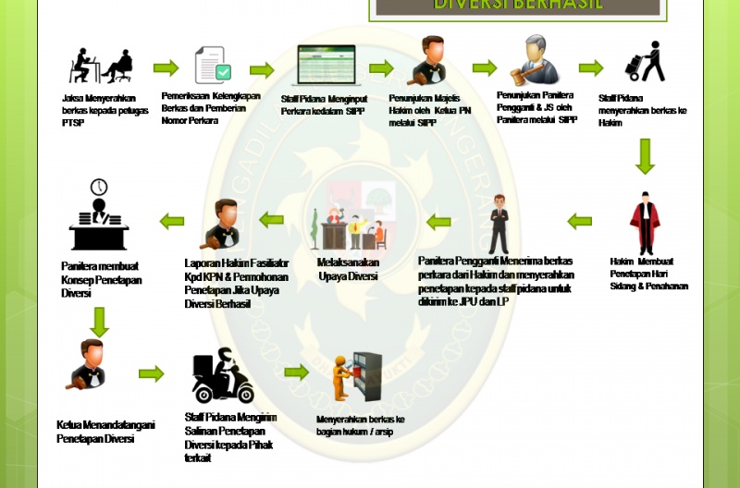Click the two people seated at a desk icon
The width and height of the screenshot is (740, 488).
click(103, 66)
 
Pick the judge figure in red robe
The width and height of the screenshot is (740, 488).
click(645, 222)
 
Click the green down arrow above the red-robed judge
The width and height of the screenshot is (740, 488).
click(645, 156)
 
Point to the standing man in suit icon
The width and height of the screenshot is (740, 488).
click(499, 224)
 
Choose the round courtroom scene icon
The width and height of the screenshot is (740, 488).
click(349, 223)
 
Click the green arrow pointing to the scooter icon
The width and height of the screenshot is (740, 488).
click(152, 373)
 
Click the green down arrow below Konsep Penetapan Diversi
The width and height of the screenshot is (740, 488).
click(99, 321)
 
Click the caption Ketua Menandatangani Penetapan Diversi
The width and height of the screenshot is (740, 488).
click(105, 432)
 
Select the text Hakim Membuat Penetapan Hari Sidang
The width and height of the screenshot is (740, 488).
click(648, 274)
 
